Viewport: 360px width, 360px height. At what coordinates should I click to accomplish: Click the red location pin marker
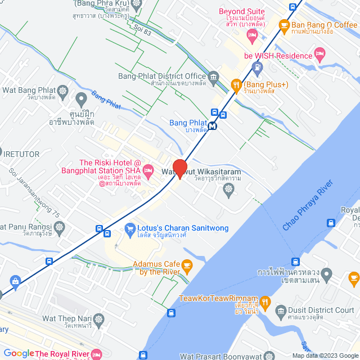point(179,168)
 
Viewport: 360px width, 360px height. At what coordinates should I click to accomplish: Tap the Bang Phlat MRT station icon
point(212,126)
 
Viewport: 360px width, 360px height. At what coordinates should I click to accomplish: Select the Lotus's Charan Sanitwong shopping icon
point(128,229)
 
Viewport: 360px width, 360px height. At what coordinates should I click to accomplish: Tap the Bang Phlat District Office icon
point(213,76)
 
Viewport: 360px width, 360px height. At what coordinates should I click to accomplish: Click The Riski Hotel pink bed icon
point(148,169)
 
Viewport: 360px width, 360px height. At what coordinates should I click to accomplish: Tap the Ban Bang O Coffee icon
point(284,25)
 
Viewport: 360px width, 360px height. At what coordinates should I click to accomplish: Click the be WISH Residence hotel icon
point(320,56)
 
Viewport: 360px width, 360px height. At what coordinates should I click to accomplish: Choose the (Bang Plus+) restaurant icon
point(237,85)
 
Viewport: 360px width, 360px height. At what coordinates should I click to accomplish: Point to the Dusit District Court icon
point(281,310)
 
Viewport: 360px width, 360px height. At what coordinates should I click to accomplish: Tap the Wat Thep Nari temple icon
point(100,319)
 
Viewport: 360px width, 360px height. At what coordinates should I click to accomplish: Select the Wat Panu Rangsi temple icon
point(61,227)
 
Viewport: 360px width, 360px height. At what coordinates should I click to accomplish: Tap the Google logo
point(19,353)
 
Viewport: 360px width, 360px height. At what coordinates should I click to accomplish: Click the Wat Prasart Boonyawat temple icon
point(271,356)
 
